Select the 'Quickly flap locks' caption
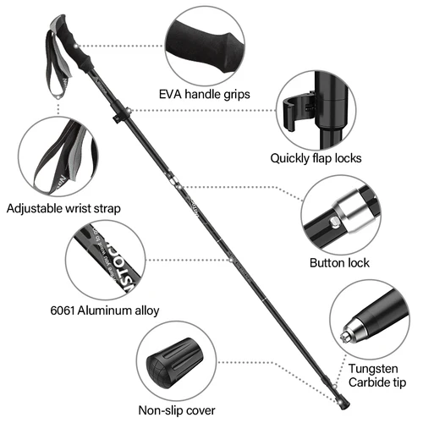[x=316, y=157]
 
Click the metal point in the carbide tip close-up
[x=345, y=336]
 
